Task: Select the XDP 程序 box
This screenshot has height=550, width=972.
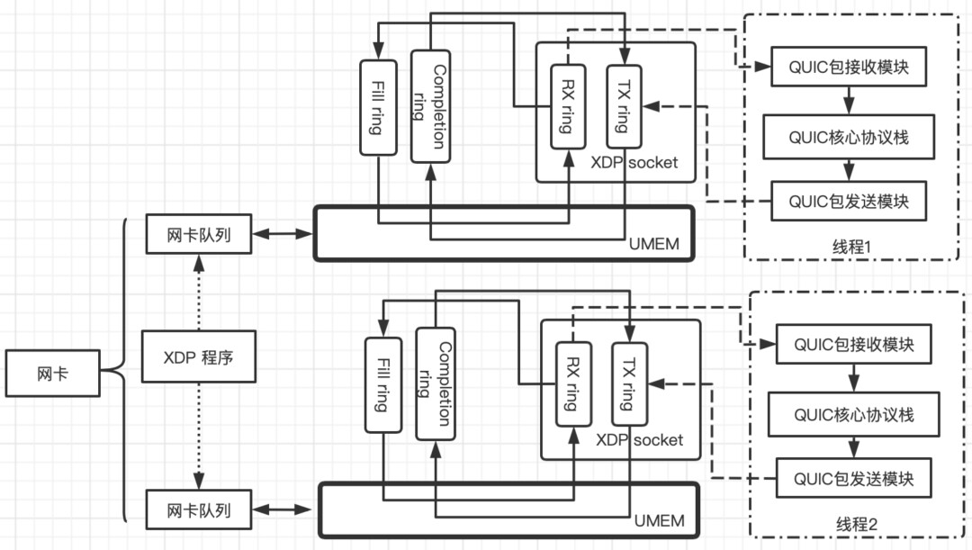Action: pyautogui.click(x=198, y=356)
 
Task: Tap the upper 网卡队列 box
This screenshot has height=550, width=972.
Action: pyautogui.click(x=198, y=235)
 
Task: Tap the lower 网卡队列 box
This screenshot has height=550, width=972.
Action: pyautogui.click(x=198, y=509)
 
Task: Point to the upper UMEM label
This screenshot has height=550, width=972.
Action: pyautogui.click(x=654, y=245)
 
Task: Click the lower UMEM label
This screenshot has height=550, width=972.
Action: pyautogui.click(x=659, y=520)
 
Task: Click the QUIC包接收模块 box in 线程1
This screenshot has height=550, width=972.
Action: pyautogui.click(x=849, y=68)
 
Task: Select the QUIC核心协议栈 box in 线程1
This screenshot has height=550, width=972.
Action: pyautogui.click(x=849, y=137)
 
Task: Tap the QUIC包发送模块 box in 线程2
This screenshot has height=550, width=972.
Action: pyautogui.click(x=853, y=478)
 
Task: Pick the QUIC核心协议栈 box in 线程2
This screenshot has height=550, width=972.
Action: pyautogui.click(x=853, y=414)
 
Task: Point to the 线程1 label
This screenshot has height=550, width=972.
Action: pyautogui.click(x=851, y=246)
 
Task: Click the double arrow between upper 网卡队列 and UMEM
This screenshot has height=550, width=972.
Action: pyautogui.click(x=282, y=235)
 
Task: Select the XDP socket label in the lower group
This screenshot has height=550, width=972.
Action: pyautogui.click(x=639, y=440)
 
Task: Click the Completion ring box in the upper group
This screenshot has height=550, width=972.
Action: pyautogui.click(x=430, y=106)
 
